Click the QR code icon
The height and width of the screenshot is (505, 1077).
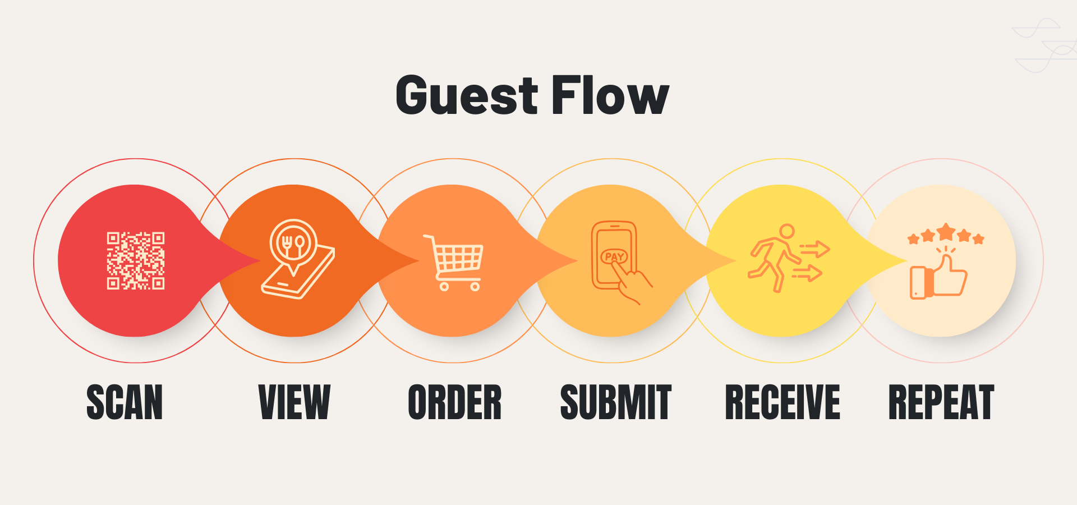coord(136,260)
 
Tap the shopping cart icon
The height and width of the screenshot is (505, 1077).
coord(454,261)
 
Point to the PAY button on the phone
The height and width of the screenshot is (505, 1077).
coord(614,256)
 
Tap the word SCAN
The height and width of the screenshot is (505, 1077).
coord(125,402)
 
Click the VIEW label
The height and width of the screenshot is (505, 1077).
coord(294,402)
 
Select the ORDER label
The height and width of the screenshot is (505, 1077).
coord(454,402)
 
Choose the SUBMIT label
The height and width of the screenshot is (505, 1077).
coord(615,402)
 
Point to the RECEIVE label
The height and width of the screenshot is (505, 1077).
coord(783,402)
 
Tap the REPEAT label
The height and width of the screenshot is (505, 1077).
coord(941,402)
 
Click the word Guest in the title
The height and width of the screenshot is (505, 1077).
coord(467,95)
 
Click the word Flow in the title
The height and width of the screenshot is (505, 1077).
coord(610,95)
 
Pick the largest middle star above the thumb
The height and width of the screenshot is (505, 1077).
coord(946,231)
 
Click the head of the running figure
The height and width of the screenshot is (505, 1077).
coord(787,231)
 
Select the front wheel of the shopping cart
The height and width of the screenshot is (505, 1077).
coord(475,287)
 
